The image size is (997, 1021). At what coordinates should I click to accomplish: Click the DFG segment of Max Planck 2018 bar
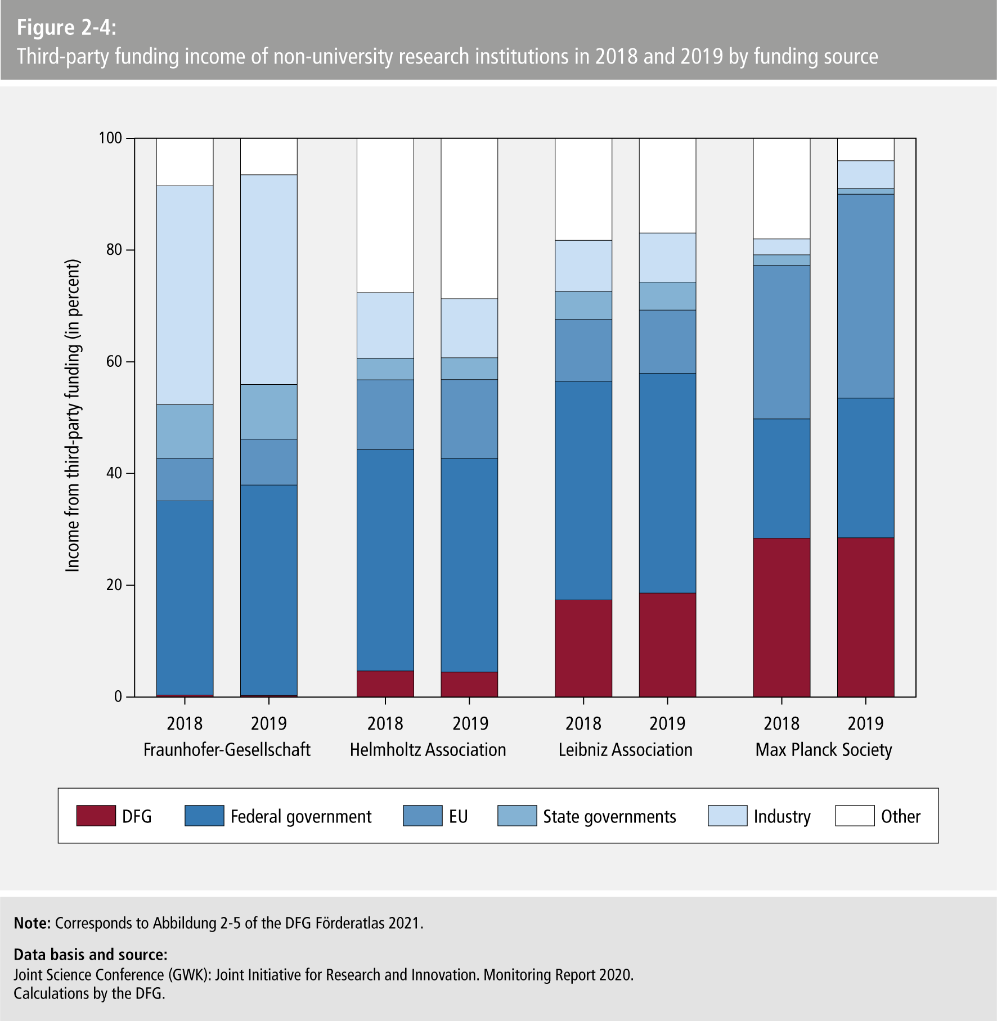[x=782, y=617]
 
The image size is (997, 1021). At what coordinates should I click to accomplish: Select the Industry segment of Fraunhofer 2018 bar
[x=185, y=295]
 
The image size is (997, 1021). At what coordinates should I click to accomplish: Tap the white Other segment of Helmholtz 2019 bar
[x=469, y=218]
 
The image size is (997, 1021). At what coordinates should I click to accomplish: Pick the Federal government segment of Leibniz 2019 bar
[x=667, y=483]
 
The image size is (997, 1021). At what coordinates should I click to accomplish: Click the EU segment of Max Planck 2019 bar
[x=865, y=296]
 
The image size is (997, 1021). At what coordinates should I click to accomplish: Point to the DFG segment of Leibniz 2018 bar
[x=583, y=648]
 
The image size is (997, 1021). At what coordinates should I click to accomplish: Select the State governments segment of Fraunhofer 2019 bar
[x=269, y=412]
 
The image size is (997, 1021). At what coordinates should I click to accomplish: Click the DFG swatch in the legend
[x=96, y=816]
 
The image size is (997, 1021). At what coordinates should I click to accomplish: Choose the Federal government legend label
[x=300, y=816]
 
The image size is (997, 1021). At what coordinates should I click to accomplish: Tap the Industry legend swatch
[x=727, y=816]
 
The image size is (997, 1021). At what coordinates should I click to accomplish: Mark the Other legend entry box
[x=855, y=816]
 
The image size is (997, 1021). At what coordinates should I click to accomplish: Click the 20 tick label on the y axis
[x=114, y=585]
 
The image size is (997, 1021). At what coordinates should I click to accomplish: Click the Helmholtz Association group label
[x=428, y=750]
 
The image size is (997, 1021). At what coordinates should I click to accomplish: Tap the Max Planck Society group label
[x=824, y=750]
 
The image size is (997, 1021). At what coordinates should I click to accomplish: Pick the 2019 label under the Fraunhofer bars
[x=269, y=723]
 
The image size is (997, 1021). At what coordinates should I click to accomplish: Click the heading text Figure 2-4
[x=66, y=28]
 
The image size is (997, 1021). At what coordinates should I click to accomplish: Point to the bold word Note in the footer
[x=32, y=923]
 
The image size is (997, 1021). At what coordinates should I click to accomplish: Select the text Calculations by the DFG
[x=89, y=993]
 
